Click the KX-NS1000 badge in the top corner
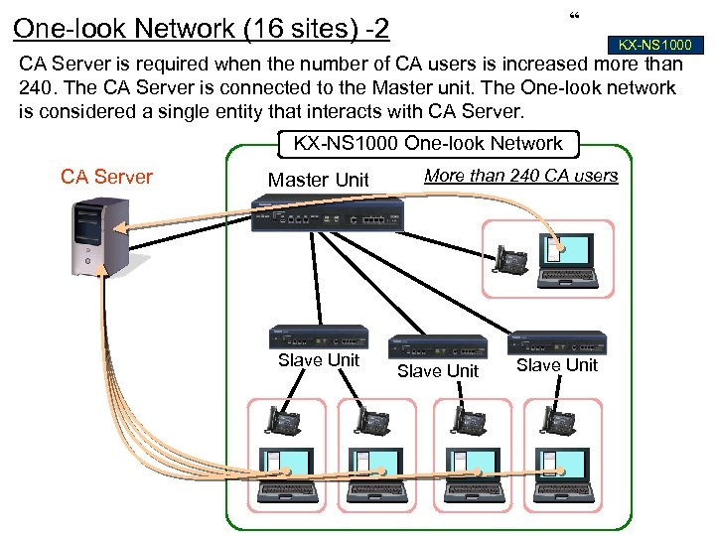pos(654,45)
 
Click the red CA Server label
pos(106,177)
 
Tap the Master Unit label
pos(318,180)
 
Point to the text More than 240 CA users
pos(520,176)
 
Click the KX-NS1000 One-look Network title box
pos(427,144)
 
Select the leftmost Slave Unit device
pos(319,336)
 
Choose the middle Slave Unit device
pos(438,346)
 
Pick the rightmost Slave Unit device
pos(556,342)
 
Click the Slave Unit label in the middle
pos(438,371)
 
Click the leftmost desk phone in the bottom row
pos(283,421)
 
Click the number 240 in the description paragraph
pos(36,86)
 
